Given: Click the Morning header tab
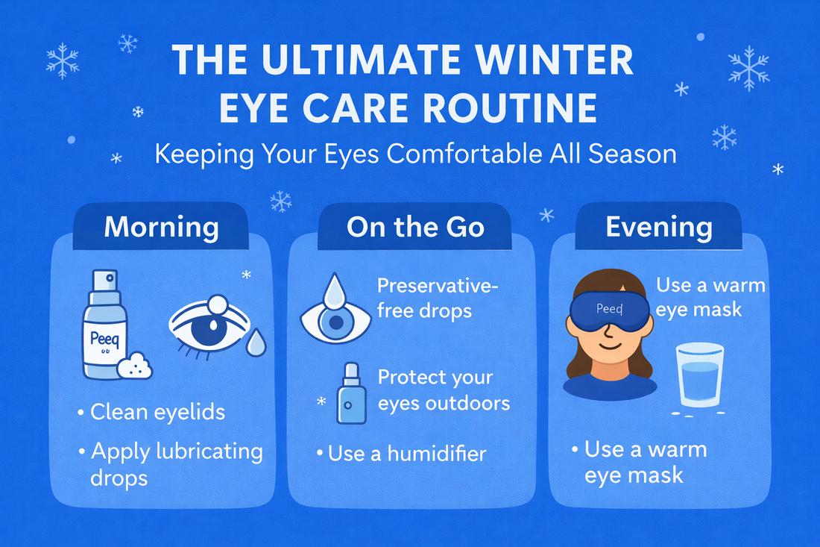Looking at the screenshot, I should (x=161, y=226).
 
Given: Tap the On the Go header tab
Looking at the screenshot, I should (x=415, y=226).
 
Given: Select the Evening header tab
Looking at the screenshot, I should (x=658, y=226).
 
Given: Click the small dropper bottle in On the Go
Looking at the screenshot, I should (x=347, y=396).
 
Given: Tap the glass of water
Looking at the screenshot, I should (x=699, y=377).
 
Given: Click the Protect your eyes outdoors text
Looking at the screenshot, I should (x=444, y=390).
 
